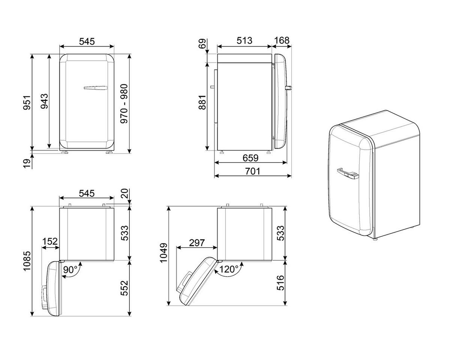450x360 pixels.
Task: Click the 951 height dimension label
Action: pyautogui.click(x=27, y=102)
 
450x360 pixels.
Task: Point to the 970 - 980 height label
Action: pyautogui.click(x=124, y=104)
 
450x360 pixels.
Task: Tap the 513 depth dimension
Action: pyautogui.click(x=244, y=41)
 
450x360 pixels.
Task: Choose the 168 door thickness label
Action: pyautogui.click(x=282, y=41)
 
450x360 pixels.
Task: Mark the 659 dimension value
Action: pyautogui.click(x=250, y=158)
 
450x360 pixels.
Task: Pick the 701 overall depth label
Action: pyautogui.click(x=253, y=171)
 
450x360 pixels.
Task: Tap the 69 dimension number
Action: pyautogui.click(x=203, y=43)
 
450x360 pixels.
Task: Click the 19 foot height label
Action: pyautogui.click(x=27, y=163)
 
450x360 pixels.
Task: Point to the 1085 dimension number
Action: pyautogui.click(x=27, y=261)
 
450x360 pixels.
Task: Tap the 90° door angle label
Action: pyautogui.click(x=70, y=269)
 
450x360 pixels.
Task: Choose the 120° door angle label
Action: pyautogui.click(x=229, y=269)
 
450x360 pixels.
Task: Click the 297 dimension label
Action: pyautogui.click(x=196, y=243)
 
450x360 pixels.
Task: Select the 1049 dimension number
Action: pyautogui.click(x=163, y=255)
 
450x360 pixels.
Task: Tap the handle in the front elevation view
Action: pyautogui.click(x=96, y=88)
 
